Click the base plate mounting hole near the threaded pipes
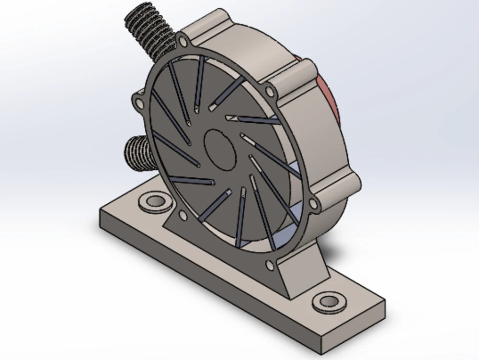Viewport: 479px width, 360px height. coord(155,201)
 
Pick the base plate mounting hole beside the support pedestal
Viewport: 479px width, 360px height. coord(329,302)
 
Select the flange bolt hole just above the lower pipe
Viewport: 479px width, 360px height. coord(139,103)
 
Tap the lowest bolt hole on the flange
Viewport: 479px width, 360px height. coord(269,265)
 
